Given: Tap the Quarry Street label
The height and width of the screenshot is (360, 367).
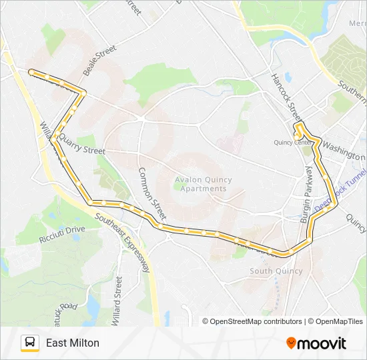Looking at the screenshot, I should pos(81,145).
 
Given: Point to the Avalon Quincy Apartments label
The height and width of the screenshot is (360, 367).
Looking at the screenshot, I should pos(201,184).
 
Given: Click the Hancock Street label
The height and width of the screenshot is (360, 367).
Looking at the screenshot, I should pos(286,94).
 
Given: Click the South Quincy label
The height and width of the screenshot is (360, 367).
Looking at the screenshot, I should pos(276,271).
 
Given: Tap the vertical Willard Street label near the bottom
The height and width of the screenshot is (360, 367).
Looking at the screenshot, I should pos(117,301).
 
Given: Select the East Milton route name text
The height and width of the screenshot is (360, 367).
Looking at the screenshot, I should pos(73,343).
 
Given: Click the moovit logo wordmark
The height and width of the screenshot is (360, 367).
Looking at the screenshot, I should pos(322,343).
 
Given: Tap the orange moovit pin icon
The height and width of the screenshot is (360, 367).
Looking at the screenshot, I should pos(291,343).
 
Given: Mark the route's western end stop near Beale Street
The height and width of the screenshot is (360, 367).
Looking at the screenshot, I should pos(31,71).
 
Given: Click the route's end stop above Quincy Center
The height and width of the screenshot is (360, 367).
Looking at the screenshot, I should pos(298,124).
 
